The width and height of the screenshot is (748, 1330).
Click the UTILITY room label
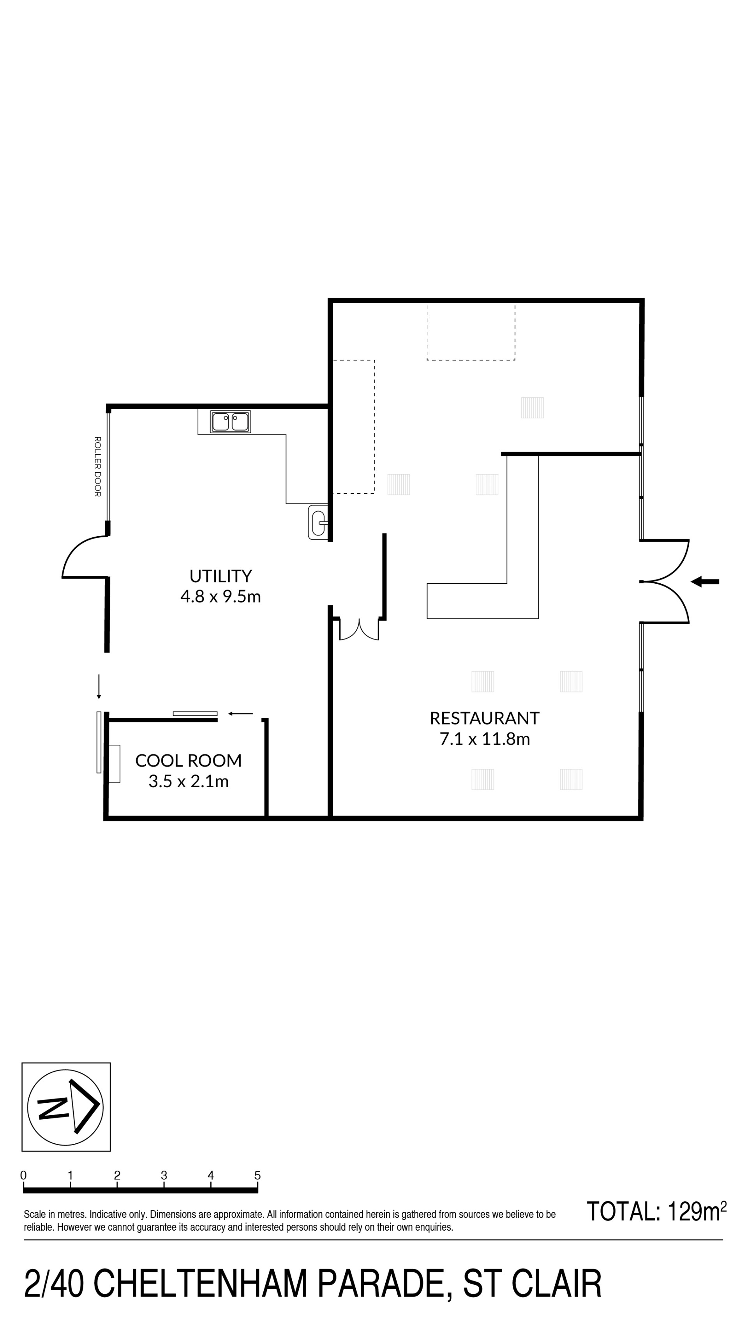[221, 576]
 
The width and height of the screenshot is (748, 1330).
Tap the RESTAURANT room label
[484, 718]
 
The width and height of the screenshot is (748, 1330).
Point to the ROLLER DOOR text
[97, 467]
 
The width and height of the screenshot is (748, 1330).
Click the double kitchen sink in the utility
[230, 422]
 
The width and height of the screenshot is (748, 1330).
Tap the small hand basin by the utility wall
[318, 523]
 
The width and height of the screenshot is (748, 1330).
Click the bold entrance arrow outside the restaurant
[705, 582]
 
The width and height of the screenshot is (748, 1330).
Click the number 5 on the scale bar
[257, 1176]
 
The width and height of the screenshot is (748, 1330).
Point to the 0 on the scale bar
[23, 1176]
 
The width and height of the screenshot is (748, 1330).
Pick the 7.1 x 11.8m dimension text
[485, 739]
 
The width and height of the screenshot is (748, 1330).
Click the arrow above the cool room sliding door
[240, 714]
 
